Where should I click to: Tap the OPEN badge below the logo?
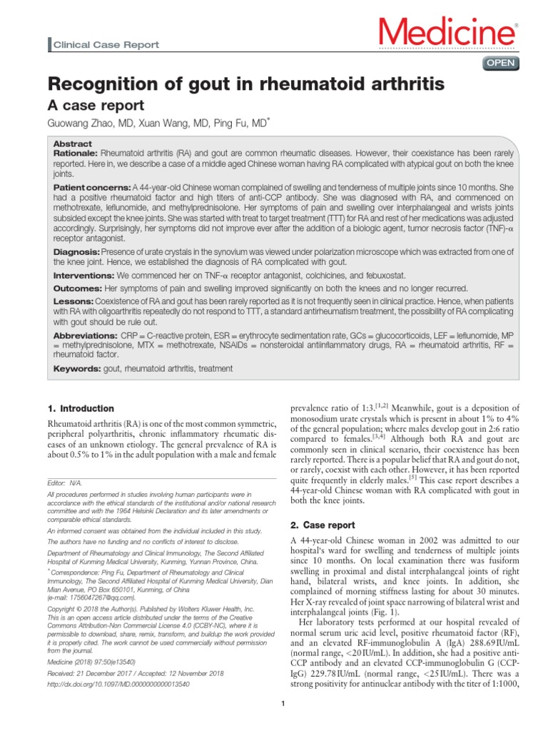pos(502,64)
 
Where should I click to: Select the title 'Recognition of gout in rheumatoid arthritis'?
pos(245,84)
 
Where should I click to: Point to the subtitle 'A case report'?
pos(96,106)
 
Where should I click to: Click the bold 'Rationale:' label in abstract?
pos(76,153)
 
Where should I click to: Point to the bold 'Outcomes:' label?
pos(78,288)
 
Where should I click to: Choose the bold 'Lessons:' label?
pos(73,302)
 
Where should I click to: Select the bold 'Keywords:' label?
pos(77,368)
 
